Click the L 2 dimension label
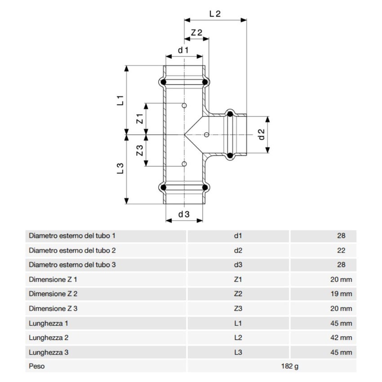[215, 13]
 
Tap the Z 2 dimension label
[196, 33]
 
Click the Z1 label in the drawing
[140, 119]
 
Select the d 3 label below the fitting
[184, 214]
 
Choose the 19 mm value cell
[341, 294]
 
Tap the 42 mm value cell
[341, 338]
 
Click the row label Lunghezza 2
[49, 338]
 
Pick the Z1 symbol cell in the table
[238, 280]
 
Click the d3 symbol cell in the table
[238, 265]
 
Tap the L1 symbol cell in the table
[238, 323]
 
